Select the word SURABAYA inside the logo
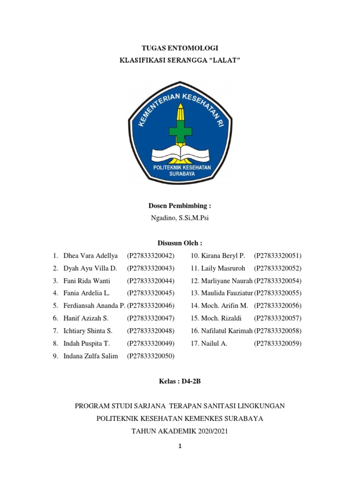(x=180, y=173)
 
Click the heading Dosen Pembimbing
(x=180, y=205)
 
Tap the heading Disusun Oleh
(x=180, y=243)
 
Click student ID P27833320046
(x=151, y=306)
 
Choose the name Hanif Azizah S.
(x=86, y=318)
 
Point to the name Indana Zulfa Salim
(x=90, y=356)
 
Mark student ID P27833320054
(x=277, y=281)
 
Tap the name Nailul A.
(x=214, y=344)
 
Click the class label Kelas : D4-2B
(x=180, y=382)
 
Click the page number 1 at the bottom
(x=180, y=446)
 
